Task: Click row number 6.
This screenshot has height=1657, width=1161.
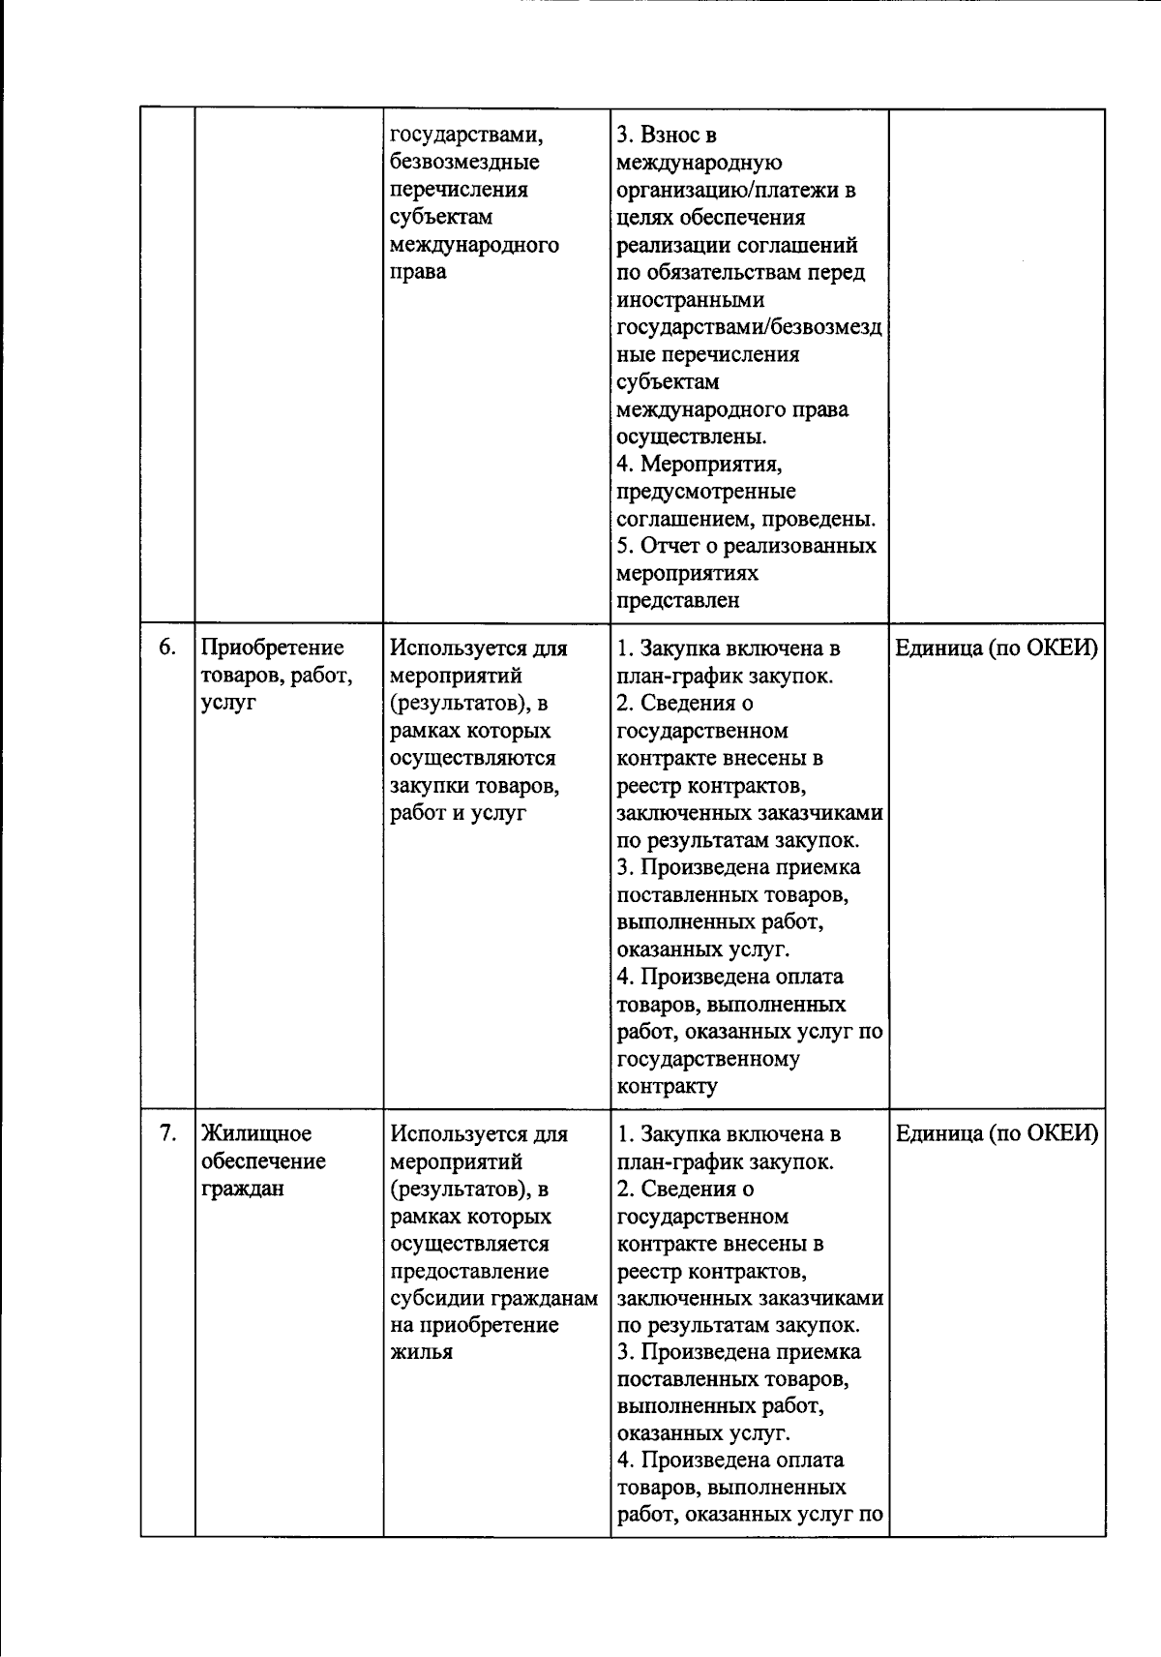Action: [166, 647]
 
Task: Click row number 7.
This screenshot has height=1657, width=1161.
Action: [166, 1131]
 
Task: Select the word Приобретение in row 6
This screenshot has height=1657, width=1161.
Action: [272, 648]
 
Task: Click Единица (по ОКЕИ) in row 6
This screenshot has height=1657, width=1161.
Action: [996, 648]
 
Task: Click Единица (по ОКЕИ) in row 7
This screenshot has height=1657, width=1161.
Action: [996, 1132]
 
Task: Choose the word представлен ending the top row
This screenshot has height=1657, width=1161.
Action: [678, 600]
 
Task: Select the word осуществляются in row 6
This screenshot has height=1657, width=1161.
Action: [472, 758]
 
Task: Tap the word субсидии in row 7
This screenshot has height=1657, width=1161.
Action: [431, 1297]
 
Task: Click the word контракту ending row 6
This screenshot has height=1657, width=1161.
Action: [667, 1086]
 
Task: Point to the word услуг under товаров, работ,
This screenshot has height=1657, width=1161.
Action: [228, 703]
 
